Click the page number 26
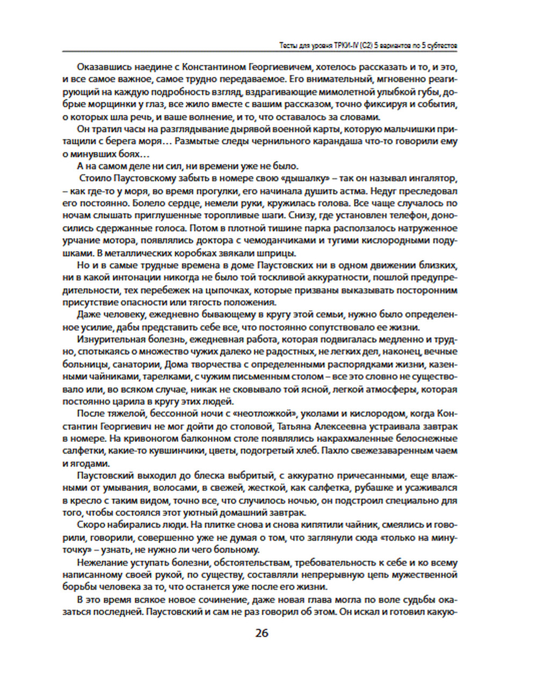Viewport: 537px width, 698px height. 262,633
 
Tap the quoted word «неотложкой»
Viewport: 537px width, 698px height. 267,413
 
